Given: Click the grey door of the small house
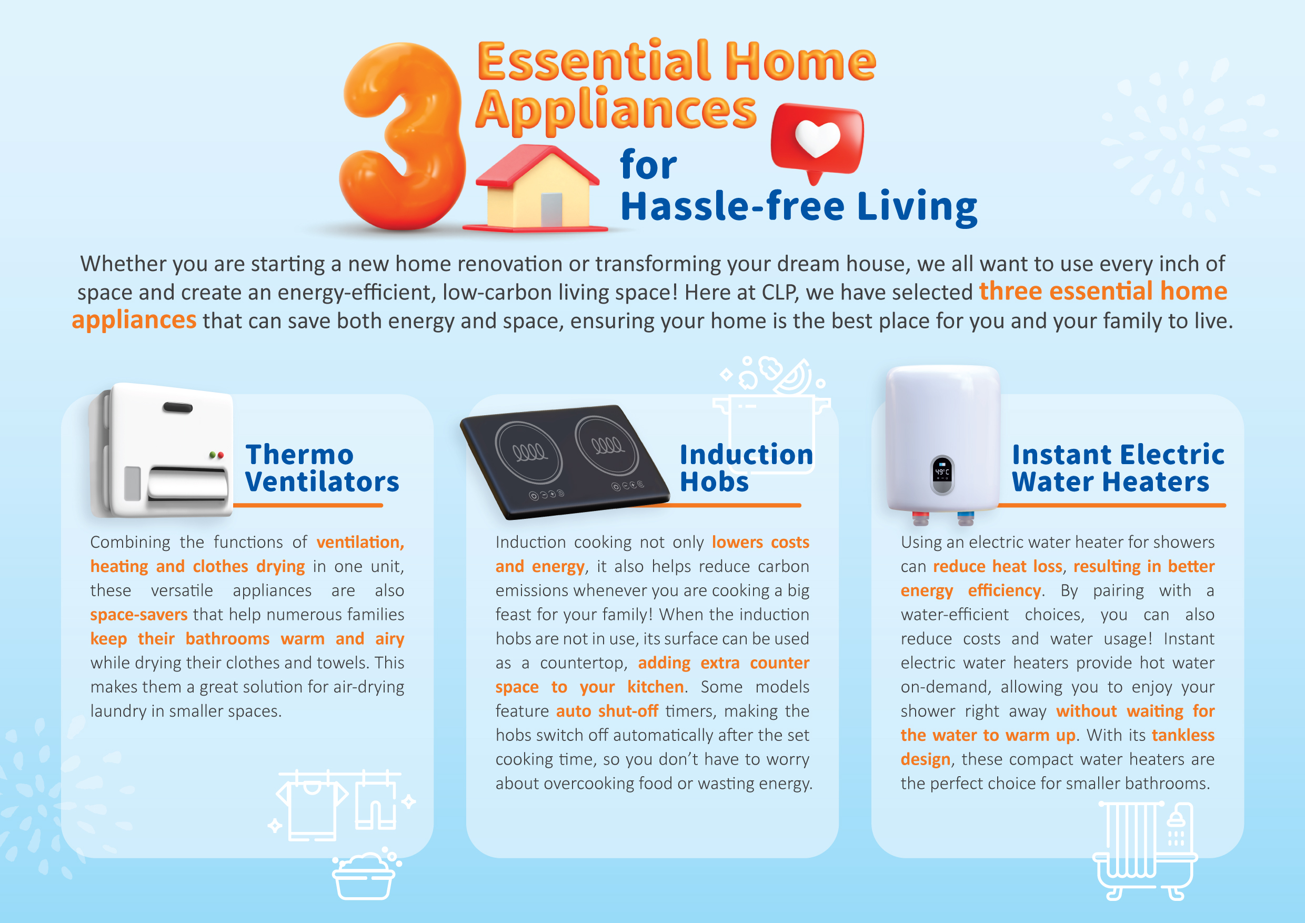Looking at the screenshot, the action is (x=551, y=210).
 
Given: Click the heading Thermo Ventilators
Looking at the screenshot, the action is (x=322, y=468).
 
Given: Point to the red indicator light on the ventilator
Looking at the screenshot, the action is (x=220, y=455).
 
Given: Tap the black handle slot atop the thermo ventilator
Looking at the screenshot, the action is (x=177, y=407).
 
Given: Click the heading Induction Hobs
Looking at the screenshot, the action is (x=746, y=468).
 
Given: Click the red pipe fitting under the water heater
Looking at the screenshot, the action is (x=920, y=518).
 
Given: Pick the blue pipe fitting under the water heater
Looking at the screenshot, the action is (x=965, y=518).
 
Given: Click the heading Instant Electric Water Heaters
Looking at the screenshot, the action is (x=1118, y=468).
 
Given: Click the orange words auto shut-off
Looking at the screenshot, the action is (x=607, y=710).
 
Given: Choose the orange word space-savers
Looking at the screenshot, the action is (x=139, y=615).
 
